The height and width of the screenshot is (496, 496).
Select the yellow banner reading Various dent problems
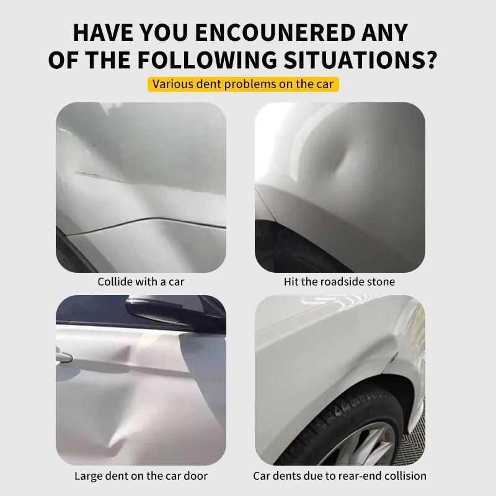(243, 84)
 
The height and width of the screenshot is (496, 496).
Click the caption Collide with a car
(141, 281)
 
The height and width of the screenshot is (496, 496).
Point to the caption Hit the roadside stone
(339, 281)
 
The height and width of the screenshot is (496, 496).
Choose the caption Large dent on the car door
(141, 476)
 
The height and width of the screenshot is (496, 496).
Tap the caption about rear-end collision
(339, 476)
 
